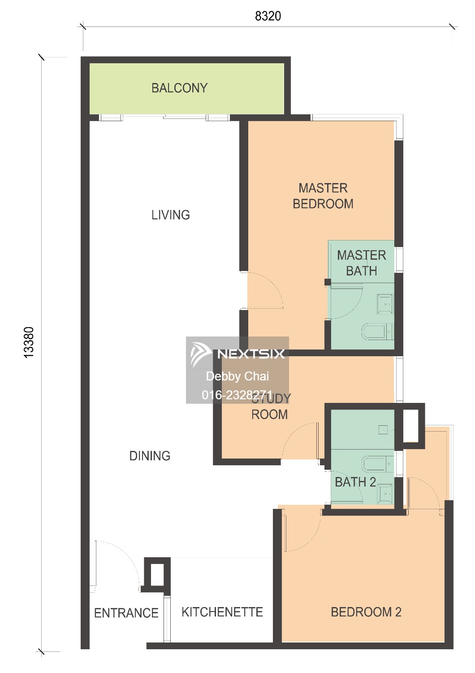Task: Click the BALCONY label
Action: tap(179, 88)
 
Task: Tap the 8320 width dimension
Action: tap(268, 16)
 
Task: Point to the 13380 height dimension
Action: tap(29, 342)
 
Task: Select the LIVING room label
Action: tap(170, 215)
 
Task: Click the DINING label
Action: tap(150, 456)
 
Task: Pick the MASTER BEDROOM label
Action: tap(323, 196)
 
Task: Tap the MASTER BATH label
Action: tap(362, 263)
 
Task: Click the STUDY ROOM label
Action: tap(270, 406)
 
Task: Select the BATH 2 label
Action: tap(355, 482)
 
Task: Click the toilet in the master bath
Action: tap(377, 332)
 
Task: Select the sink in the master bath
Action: tap(385, 304)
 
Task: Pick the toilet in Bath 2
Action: tap(378, 464)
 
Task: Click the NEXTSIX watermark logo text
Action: tap(250, 354)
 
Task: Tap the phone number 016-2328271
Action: tap(237, 395)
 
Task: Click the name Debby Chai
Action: tap(237, 376)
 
